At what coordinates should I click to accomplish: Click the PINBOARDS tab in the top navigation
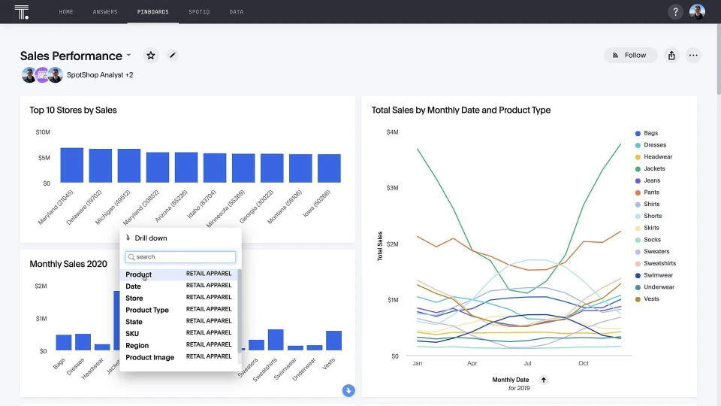tap(152, 12)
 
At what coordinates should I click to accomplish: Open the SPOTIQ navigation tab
tap(199, 12)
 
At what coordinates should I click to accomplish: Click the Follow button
tap(630, 55)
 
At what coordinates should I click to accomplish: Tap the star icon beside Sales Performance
tap(151, 56)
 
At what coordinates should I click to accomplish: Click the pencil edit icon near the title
tap(172, 56)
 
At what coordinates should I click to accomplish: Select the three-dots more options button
tap(693, 55)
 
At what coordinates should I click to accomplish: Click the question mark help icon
tap(676, 12)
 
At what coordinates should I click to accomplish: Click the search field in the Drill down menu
tap(180, 257)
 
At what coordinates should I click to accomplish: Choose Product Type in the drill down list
tap(147, 310)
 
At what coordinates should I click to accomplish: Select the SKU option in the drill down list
tap(132, 334)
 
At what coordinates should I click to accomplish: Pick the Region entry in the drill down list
tap(137, 346)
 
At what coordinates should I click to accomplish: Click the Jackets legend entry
tap(654, 168)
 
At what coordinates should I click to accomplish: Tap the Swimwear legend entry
tap(658, 275)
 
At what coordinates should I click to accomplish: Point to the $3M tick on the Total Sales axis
tap(392, 188)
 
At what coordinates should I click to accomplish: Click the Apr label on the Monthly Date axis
tap(472, 363)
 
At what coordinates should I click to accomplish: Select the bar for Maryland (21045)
tap(71, 165)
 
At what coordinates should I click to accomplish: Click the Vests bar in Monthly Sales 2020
tap(333, 341)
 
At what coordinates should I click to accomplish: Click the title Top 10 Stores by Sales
tap(73, 110)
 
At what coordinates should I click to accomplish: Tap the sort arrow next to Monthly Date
tap(544, 380)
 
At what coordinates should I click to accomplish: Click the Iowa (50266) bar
tap(329, 168)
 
